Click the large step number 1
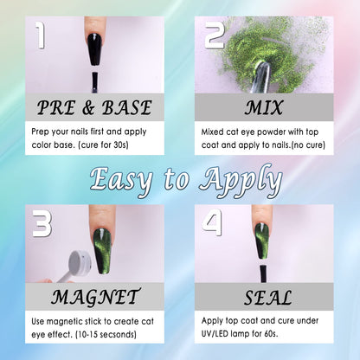[41, 35]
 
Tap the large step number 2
[215, 36]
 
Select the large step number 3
[42, 223]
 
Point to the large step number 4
[212, 222]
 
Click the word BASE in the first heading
[127, 107]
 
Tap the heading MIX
[264, 107]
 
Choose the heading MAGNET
[94, 297]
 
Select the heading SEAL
[267, 298]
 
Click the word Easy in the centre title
[120, 180]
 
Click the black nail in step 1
[94, 48]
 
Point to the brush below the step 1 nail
[94, 82]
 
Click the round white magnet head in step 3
[80, 261]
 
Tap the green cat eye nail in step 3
[103, 250]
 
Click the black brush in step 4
[263, 273]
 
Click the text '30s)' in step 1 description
[120, 145]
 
